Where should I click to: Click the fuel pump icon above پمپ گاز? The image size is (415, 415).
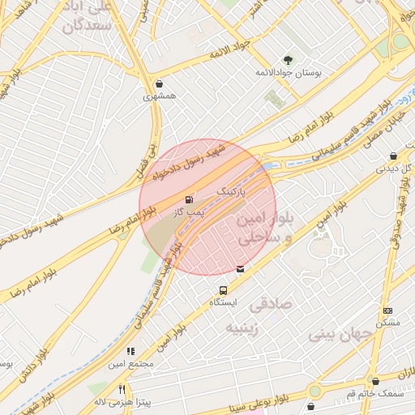[190, 199]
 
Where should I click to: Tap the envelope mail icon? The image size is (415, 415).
[240, 269]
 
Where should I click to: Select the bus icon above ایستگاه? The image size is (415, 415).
[223, 289]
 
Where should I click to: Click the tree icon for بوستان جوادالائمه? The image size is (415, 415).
[288, 59]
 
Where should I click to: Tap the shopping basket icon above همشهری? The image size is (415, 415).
[159, 83]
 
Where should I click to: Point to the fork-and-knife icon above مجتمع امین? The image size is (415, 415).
[130, 351]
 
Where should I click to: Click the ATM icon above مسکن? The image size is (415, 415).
[388, 310]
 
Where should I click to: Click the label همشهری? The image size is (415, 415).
[160, 96]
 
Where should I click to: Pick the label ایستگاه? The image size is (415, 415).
[224, 302]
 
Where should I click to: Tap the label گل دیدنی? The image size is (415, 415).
[395, 169]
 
